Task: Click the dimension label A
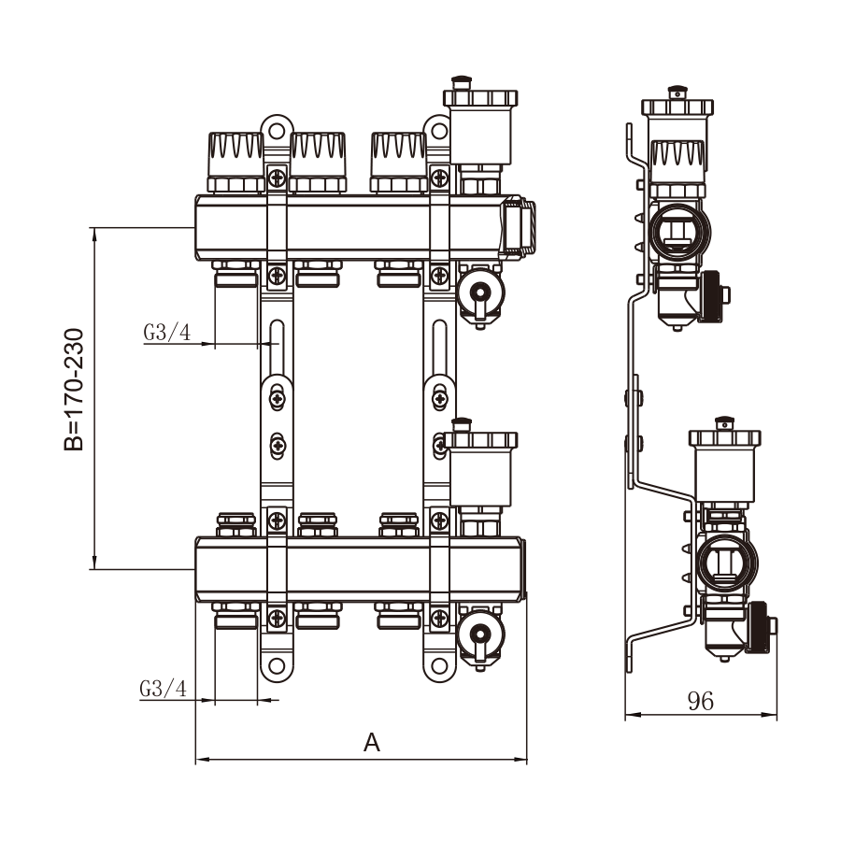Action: [372, 743]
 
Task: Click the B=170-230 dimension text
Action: [74, 389]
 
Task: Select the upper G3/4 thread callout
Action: [167, 333]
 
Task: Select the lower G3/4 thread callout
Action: [164, 689]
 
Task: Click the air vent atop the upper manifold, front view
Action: [479, 126]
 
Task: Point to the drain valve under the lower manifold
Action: [480, 634]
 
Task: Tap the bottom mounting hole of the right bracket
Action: [437, 667]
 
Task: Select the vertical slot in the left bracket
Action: [277, 344]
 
